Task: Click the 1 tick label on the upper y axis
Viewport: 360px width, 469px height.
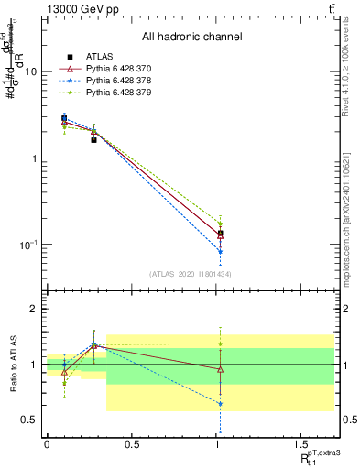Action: [x=33, y=158]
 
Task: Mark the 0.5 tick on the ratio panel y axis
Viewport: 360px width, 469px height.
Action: [x=29, y=420]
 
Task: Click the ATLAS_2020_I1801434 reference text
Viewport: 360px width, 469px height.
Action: [x=191, y=274]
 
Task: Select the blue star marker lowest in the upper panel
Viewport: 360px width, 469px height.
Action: [x=220, y=251]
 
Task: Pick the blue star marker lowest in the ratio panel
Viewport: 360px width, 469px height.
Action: [x=220, y=403]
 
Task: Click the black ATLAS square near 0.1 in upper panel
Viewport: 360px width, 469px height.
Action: [x=64, y=118]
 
